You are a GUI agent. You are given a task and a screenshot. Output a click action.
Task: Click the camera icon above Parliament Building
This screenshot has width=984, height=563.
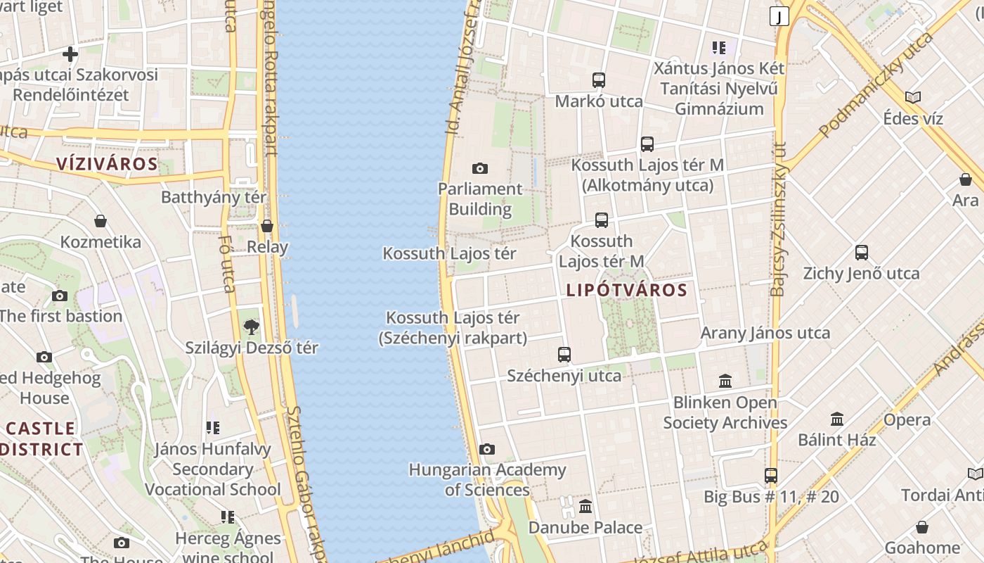click(x=480, y=168)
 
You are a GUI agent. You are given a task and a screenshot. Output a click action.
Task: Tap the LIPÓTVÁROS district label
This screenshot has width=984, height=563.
click(x=626, y=290)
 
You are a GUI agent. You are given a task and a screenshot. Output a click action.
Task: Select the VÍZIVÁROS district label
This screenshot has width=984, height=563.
click(x=107, y=164)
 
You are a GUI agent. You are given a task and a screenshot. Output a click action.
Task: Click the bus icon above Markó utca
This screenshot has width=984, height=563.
click(x=599, y=80)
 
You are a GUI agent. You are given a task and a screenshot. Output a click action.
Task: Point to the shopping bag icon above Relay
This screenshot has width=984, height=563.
click(x=267, y=226)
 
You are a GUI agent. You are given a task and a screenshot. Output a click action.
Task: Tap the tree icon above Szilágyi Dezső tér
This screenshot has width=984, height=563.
click(x=251, y=327)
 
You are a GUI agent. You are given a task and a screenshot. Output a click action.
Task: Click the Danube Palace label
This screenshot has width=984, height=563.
click(x=585, y=527)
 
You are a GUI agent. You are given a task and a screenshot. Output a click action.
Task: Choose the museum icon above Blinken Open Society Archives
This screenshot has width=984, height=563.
click(x=725, y=381)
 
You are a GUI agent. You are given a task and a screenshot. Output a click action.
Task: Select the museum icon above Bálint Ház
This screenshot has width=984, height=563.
click(x=837, y=419)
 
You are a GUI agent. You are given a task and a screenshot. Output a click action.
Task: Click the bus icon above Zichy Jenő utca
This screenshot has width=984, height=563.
click(x=862, y=253)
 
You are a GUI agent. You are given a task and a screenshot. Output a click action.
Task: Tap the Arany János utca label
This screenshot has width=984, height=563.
click(x=765, y=333)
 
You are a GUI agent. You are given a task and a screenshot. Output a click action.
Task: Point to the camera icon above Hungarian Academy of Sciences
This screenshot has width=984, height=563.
click(x=486, y=449)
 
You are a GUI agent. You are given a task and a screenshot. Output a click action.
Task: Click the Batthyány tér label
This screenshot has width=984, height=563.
click(x=214, y=197)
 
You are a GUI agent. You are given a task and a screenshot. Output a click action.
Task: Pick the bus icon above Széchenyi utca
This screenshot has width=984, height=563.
click(x=564, y=355)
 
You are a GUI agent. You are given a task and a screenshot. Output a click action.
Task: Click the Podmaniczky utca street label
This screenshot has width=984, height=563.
click(x=876, y=84)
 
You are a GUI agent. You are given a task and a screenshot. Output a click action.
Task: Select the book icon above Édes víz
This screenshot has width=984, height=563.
click(x=913, y=97)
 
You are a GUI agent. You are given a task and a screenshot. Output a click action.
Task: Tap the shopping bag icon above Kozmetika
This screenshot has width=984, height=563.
click(x=101, y=221)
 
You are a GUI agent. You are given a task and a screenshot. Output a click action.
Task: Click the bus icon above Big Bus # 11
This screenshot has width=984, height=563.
click(x=771, y=476)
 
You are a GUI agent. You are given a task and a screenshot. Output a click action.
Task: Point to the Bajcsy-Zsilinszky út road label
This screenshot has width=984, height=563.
click(x=779, y=218)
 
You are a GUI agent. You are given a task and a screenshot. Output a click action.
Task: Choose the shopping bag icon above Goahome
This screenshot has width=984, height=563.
click(x=922, y=527)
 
